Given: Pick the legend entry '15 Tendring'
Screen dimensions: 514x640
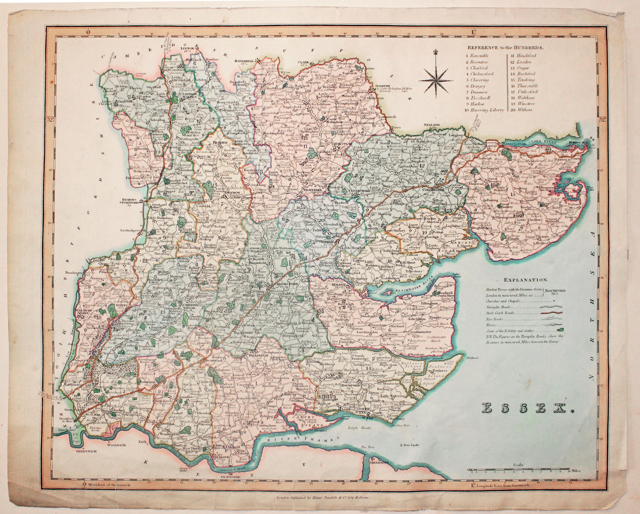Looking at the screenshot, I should (520, 80).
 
